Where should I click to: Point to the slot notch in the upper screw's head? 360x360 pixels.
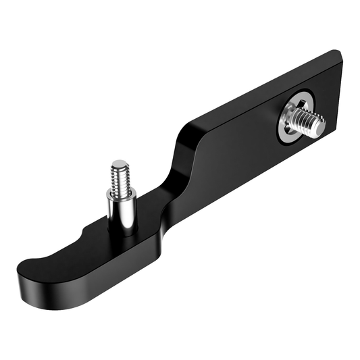tap(297, 119)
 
